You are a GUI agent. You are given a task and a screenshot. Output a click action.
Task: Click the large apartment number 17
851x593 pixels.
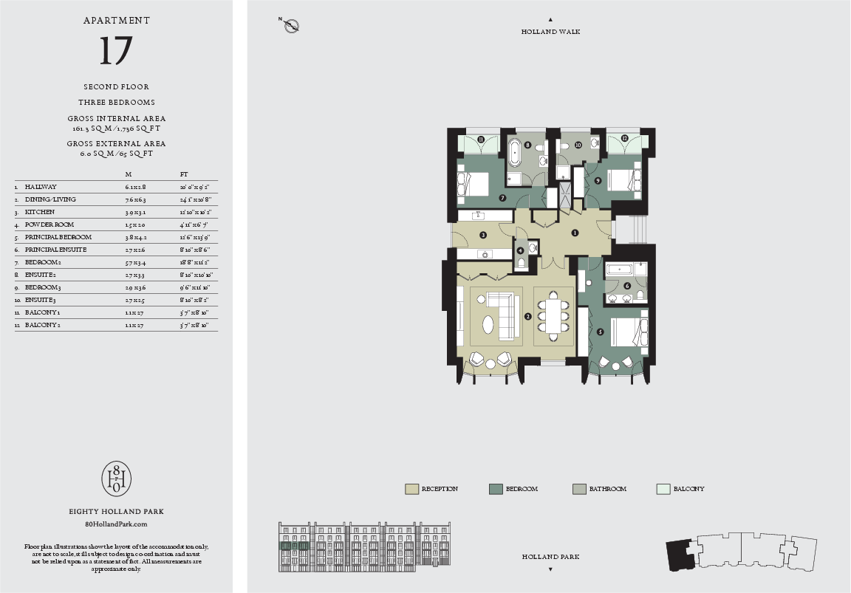pos(116,51)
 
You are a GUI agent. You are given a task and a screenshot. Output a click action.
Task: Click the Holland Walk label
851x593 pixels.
pos(550,32)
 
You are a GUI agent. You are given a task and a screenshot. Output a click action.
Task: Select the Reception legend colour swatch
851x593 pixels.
pos(411,489)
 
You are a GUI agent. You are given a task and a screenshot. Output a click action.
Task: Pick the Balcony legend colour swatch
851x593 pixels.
pos(663,489)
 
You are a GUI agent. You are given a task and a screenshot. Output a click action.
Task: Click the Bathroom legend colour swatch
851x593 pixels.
pos(580,489)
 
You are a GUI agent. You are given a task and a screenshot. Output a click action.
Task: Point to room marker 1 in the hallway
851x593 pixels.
pos(575,233)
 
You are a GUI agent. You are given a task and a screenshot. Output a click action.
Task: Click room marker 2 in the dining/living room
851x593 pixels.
pos(527,316)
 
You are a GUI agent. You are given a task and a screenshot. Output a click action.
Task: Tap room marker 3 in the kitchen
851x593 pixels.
pos(482,236)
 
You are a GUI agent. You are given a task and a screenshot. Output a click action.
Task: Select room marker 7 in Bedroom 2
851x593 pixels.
pos(502,197)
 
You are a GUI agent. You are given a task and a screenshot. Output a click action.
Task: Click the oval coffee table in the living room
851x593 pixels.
pos(488,323)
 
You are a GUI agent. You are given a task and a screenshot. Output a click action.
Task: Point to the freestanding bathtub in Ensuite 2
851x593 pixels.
pos(514,155)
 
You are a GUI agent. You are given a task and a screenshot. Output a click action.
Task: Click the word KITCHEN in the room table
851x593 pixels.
pos(39,212)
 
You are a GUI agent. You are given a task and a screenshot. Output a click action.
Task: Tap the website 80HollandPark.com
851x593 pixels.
pos(116,524)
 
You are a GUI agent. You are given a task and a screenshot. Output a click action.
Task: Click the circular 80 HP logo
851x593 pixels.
pos(116,479)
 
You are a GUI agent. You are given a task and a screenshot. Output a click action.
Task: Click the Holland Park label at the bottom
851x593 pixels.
pos(550,557)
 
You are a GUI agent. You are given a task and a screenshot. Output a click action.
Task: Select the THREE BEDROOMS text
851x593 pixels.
pos(116,102)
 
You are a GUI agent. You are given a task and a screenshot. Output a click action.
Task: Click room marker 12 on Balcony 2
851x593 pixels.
pos(624,138)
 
